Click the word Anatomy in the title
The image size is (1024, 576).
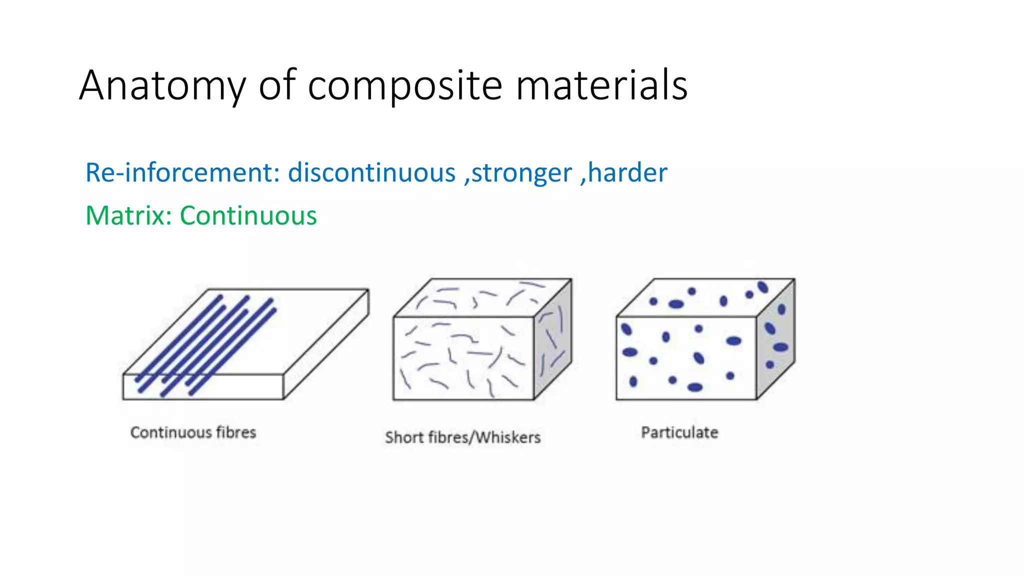tap(162, 86)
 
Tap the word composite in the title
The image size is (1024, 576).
tap(404, 86)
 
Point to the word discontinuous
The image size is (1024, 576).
tap(371, 173)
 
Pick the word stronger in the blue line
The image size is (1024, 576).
tap(521, 173)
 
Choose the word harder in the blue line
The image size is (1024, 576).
tap(627, 173)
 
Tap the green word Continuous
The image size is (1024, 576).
tap(248, 216)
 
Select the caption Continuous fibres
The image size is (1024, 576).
tap(193, 432)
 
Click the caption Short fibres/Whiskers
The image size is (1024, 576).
tap(462, 437)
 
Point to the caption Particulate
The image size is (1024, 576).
tap(679, 432)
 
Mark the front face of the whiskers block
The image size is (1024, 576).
tap(463, 358)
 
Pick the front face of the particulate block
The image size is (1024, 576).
tap(686, 358)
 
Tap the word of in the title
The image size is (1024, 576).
tap(276, 86)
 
